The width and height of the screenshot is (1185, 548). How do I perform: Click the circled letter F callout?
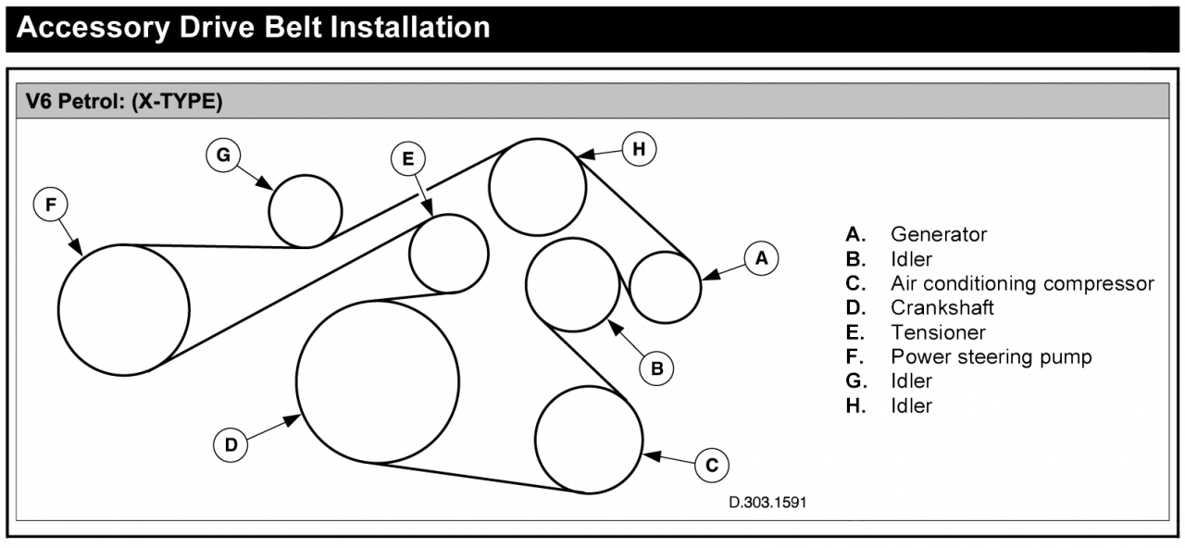(x=50, y=205)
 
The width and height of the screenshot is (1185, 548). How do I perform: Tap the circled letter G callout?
(x=223, y=156)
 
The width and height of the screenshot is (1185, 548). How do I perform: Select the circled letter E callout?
(x=407, y=159)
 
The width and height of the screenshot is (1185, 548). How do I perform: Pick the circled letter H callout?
(x=639, y=148)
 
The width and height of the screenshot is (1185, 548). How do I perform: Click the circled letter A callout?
(x=761, y=259)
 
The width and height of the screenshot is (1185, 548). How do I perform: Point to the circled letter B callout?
(x=656, y=368)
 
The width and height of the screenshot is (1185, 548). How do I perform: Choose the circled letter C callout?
(x=711, y=465)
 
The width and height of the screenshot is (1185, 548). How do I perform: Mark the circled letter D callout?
(x=231, y=445)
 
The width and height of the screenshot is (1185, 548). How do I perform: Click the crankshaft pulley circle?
(x=378, y=381)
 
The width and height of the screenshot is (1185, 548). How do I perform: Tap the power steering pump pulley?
(x=124, y=310)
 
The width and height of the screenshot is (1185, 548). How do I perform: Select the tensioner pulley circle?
(x=449, y=254)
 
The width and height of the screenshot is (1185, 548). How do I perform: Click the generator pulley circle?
(x=665, y=287)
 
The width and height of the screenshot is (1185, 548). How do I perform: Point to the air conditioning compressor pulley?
(x=589, y=440)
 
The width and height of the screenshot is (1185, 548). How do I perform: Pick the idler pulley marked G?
(x=306, y=210)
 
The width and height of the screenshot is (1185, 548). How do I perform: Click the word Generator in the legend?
(x=939, y=235)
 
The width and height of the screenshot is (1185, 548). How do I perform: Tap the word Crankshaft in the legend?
(x=942, y=307)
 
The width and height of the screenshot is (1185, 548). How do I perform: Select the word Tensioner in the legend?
(x=938, y=332)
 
